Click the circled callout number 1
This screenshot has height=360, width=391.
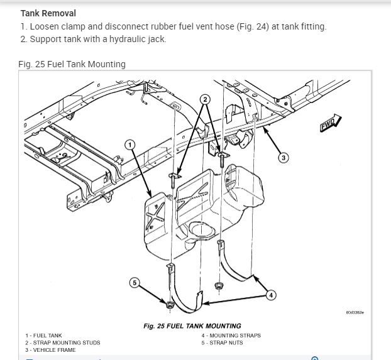(x=130, y=145)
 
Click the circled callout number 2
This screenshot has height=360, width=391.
(x=205, y=99)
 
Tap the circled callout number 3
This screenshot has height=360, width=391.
(x=284, y=158)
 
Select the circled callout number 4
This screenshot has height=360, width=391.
(x=271, y=294)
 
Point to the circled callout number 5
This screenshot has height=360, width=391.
(x=133, y=283)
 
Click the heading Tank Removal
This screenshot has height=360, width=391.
(x=48, y=13)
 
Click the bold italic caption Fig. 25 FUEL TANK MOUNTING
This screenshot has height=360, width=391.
(x=192, y=326)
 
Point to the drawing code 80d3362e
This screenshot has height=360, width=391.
(x=355, y=312)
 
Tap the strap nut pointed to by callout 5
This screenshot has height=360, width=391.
(x=169, y=306)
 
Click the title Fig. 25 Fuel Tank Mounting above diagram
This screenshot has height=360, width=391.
(x=72, y=64)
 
